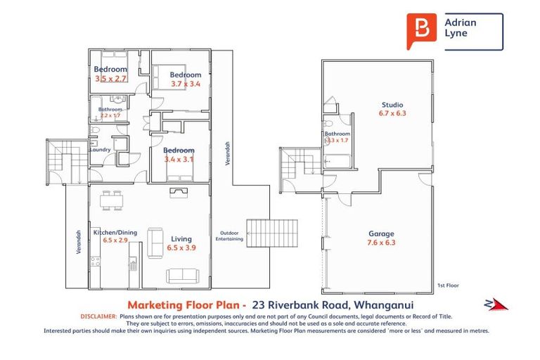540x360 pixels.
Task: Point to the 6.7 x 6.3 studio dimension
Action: click(393, 113)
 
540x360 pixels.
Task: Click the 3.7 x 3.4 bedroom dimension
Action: click(186, 84)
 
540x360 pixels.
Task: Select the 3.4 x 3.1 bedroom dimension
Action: click(179, 159)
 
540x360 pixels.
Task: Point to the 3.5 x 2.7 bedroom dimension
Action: click(110, 78)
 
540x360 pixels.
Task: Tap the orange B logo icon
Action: click(421, 31)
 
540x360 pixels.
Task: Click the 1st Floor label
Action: click(448, 286)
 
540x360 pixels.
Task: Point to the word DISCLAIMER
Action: click(99, 317)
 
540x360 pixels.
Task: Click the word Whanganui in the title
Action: click(384, 305)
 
